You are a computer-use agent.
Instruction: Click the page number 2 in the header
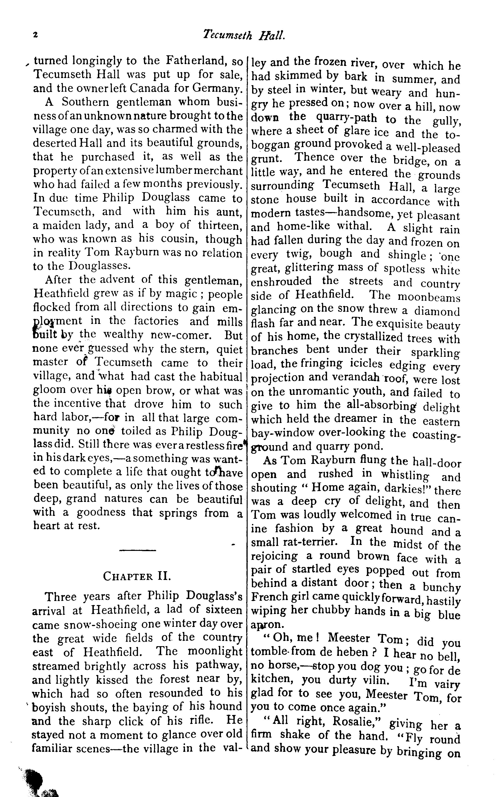[35, 35]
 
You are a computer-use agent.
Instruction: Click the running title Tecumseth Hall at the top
[244, 35]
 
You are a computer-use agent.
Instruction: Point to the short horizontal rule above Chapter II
[137, 550]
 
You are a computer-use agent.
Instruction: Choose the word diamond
[437, 311]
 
